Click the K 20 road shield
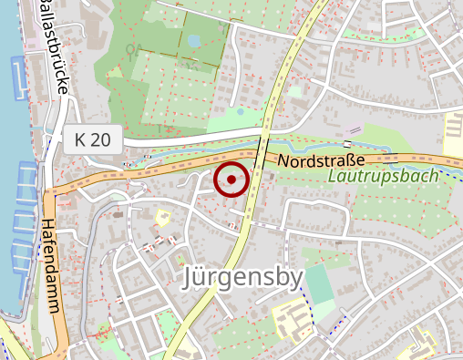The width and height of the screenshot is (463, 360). pyautogui.click(x=93, y=140)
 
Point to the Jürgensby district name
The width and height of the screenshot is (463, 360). pyautogui.click(x=242, y=277)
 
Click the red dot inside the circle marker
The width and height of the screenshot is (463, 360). pyautogui.click(x=231, y=180)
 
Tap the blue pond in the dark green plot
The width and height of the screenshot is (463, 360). pyautogui.click(x=193, y=41)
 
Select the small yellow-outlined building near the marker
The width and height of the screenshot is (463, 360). pyautogui.click(x=164, y=218)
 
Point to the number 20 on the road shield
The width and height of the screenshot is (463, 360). pyautogui.click(x=101, y=140)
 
